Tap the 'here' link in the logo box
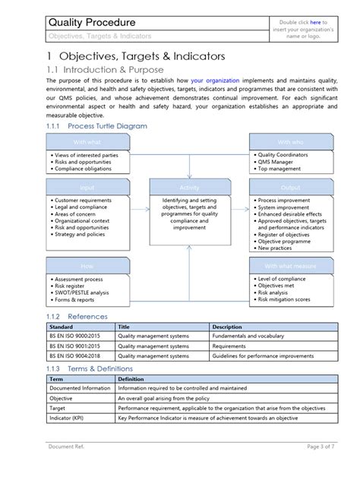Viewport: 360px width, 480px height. coord(314,23)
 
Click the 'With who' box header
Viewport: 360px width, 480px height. coord(289,141)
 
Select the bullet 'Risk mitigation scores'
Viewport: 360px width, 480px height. coord(289,299)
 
